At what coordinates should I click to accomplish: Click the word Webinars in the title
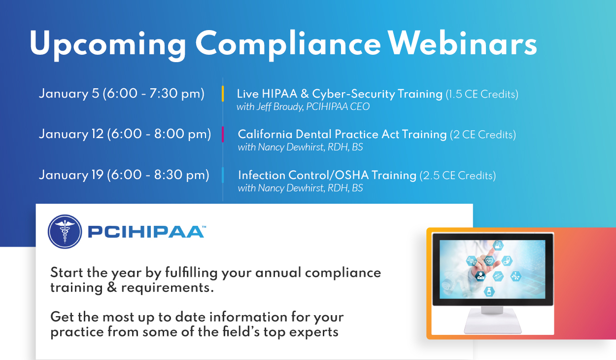pyautogui.click(x=463, y=43)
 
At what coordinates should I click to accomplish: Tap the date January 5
pyautogui.click(x=69, y=94)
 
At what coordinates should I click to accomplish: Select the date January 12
pyautogui.click(x=71, y=134)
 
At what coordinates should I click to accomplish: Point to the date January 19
pyautogui.click(x=71, y=175)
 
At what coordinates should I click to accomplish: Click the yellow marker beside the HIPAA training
pyautogui.click(x=223, y=94)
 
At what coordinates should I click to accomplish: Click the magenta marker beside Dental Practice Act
pyautogui.click(x=223, y=134)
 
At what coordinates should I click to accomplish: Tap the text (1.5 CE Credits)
pyautogui.click(x=482, y=94)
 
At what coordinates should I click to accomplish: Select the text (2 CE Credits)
pyautogui.click(x=483, y=135)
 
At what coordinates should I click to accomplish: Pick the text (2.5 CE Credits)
pyautogui.click(x=458, y=176)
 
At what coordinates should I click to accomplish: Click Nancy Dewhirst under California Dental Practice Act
pyautogui.click(x=291, y=147)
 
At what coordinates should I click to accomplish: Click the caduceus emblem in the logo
pyautogui.click(x=65, y=231)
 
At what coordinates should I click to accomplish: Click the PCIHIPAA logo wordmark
pyautogui.click(x=146, y=232)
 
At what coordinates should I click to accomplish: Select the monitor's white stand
pyautogui.click(x=492, y=320)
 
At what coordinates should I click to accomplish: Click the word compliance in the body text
pyautogui.click(x=343, y=273)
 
